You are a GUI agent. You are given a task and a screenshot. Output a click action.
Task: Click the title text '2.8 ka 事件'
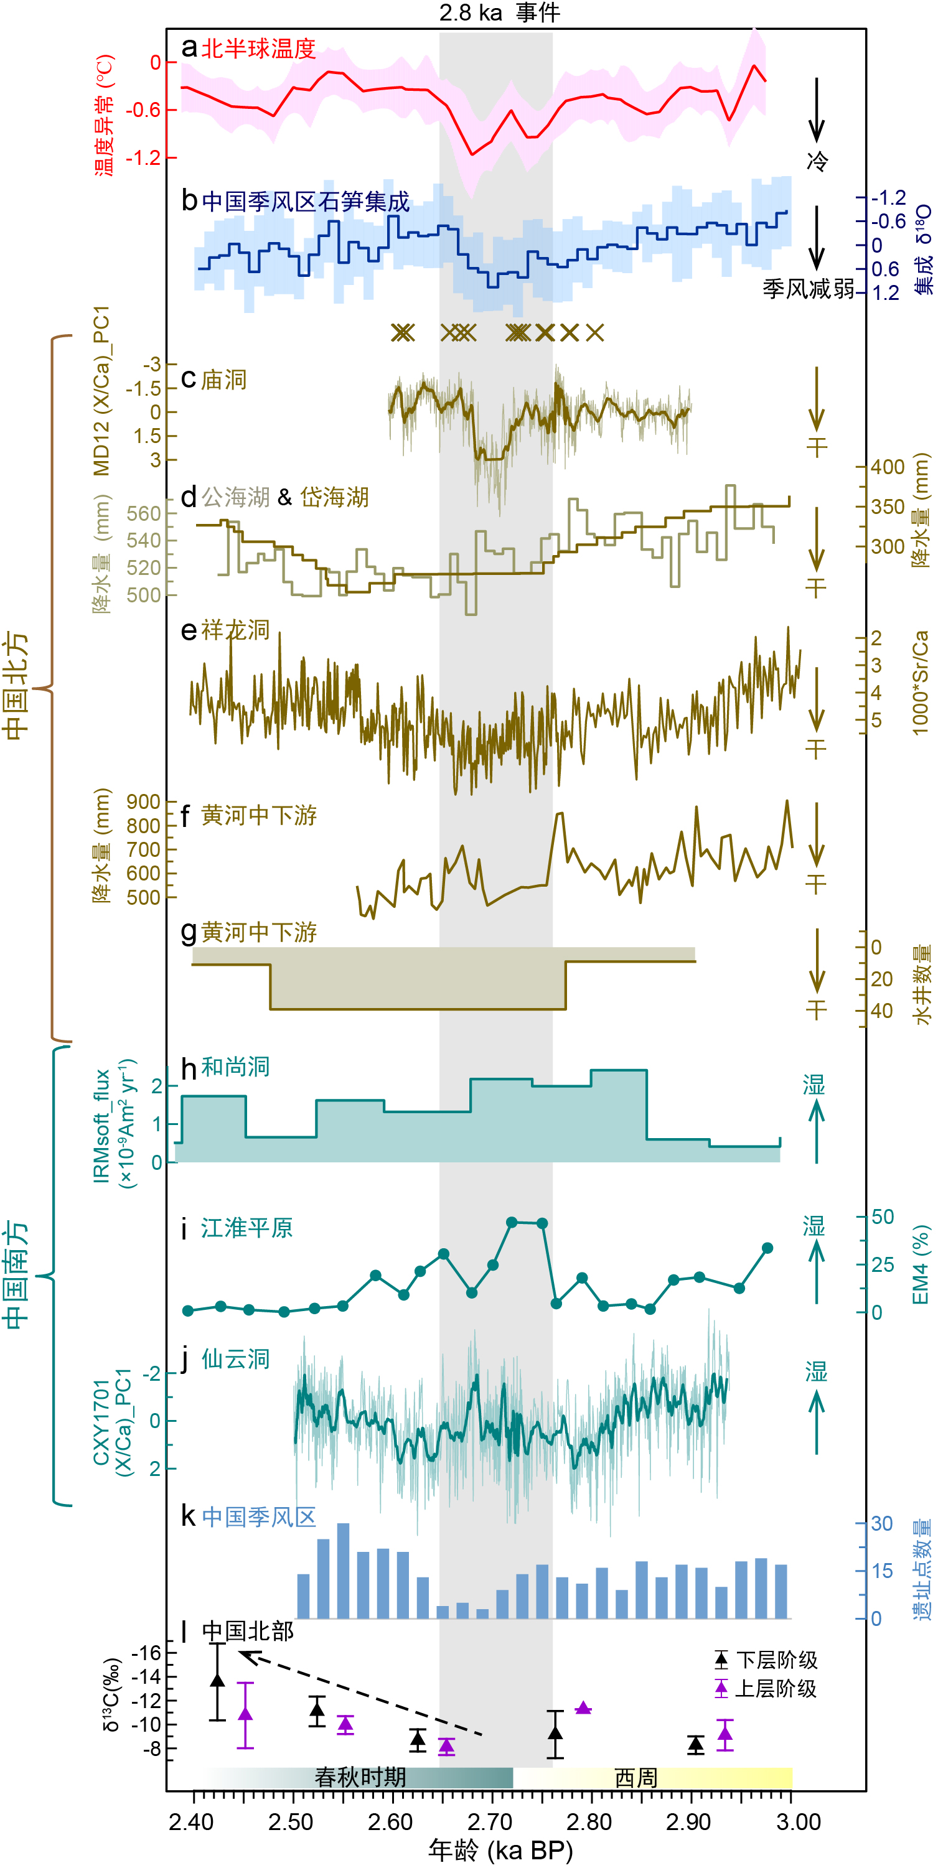pos(499,12)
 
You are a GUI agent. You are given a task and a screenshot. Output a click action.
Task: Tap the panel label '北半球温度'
pos(258,49)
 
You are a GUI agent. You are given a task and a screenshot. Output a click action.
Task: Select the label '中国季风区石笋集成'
pos(306,201)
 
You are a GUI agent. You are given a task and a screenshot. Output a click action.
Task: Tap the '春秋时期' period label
pos(360,1777)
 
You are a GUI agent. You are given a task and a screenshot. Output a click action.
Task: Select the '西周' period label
pos(635,1777)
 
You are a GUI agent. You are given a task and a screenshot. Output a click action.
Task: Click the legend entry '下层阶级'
pos(776,1660)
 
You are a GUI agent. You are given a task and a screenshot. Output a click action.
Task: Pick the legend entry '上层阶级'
pos(776,1689)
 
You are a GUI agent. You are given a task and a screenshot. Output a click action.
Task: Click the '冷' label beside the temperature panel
pos(817,161)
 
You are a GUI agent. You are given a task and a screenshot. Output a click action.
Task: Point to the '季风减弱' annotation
pos(808,289)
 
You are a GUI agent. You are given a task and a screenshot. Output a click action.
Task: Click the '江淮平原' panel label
pos(246,1228)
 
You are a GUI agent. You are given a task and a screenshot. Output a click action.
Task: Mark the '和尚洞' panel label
pos(235,1067)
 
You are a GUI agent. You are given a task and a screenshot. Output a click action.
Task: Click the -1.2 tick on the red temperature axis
pos(143,157)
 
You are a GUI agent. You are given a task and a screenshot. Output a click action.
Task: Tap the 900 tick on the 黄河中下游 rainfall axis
pos(143,801)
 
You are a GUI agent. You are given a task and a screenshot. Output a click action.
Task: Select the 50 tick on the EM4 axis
pos(882,1216)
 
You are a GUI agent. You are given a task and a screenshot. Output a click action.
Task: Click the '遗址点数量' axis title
pos(921,1570)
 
